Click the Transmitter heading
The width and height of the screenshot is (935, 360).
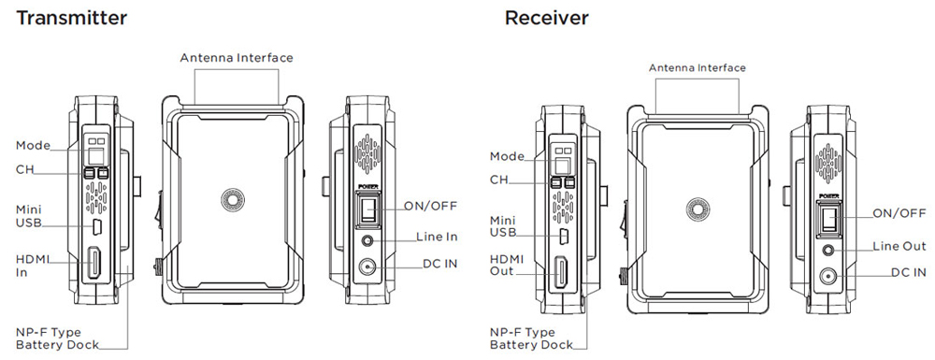point(72,18)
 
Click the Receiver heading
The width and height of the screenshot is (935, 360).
point(546,18)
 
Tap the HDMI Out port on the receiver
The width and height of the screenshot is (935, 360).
point(562,271)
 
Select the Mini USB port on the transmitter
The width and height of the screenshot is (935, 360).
point(98,226)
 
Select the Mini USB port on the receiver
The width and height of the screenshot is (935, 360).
point(565,235)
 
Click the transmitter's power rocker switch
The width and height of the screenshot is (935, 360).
point(367,209)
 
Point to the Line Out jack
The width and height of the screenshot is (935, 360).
point(827,250)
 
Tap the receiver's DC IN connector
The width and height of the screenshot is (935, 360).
point(827,276)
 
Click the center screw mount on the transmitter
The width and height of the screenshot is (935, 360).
point(233,200)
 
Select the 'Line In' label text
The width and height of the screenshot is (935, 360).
point(437,237)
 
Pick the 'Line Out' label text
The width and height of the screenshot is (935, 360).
point(899,246)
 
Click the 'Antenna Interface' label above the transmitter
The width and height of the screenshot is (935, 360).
point(237,58)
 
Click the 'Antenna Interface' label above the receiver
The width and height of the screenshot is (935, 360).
point(698,68)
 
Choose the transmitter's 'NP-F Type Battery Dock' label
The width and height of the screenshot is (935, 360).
point(57,338)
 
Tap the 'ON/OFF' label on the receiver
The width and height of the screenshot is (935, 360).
point(899,213)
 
